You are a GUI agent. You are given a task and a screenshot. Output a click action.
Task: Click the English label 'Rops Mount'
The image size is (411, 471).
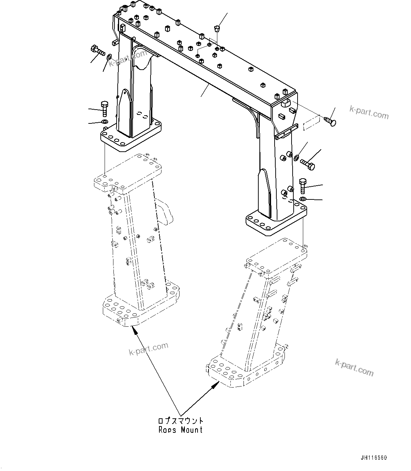tap(180, 430)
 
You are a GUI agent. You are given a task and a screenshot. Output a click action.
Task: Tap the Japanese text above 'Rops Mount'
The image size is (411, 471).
tap(180, 421)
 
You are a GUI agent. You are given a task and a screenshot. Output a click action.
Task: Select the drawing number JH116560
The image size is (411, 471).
tap(374, 458)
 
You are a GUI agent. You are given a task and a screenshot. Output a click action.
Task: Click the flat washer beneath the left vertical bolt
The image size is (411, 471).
tap(105, 122)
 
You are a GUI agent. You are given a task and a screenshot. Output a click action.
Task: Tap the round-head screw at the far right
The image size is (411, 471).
tap(329, 121)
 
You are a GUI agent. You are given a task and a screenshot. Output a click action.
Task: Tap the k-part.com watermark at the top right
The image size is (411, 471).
tap(369, 113)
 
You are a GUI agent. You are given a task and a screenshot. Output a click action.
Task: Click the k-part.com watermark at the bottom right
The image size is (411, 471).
tap(354, 368)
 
